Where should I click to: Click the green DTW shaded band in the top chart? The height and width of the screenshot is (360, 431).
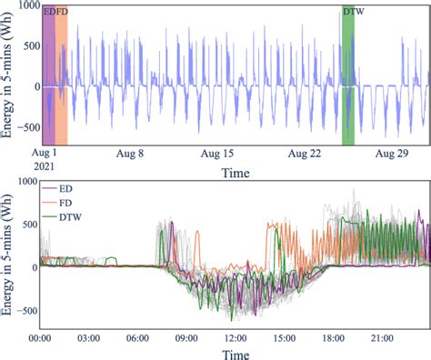tap(348, 82)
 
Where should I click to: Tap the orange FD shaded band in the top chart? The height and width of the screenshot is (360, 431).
tap(61, 82)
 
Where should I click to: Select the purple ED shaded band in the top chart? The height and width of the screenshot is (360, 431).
tap(48, 82)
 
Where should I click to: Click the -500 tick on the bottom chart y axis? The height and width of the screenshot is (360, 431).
tap(21, 310)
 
